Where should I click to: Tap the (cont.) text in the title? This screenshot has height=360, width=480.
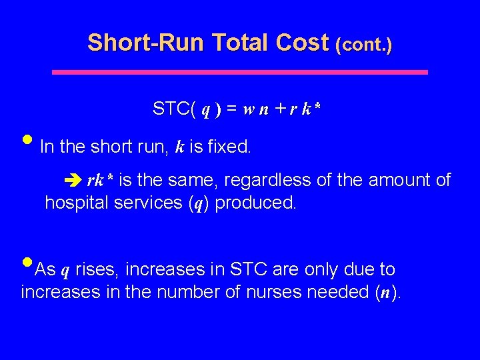pos(364,45)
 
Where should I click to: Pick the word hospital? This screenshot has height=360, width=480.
pos(73,203)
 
